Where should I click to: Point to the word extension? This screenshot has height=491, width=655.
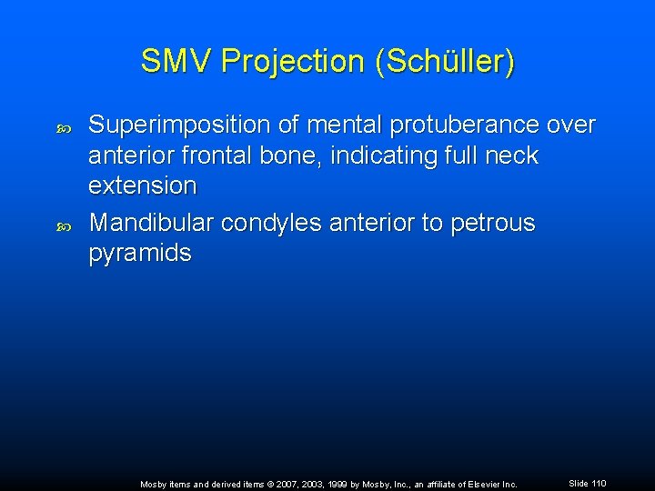[143, 185]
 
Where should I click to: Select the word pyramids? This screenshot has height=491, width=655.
[140, 253]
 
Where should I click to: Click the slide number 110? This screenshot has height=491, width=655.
[598, 484]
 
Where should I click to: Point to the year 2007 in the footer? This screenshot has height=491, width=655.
[277, 485]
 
